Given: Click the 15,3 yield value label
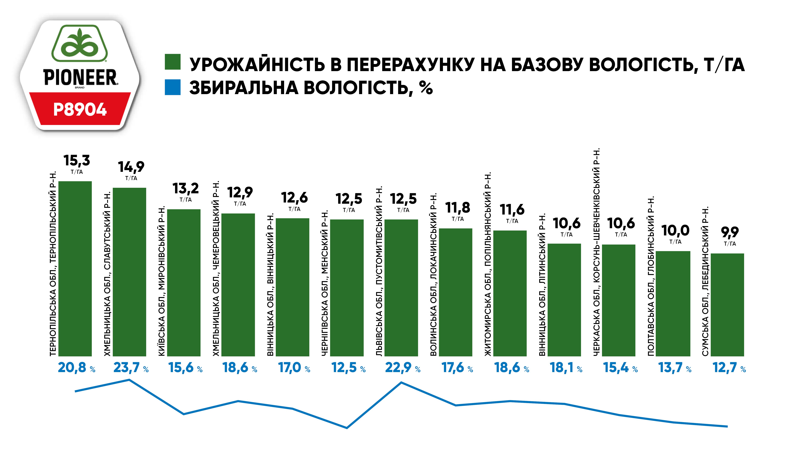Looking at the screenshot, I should tap(77, 161).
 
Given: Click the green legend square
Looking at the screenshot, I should tap(173, 62).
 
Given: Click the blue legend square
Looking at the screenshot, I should tap(173, 87).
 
